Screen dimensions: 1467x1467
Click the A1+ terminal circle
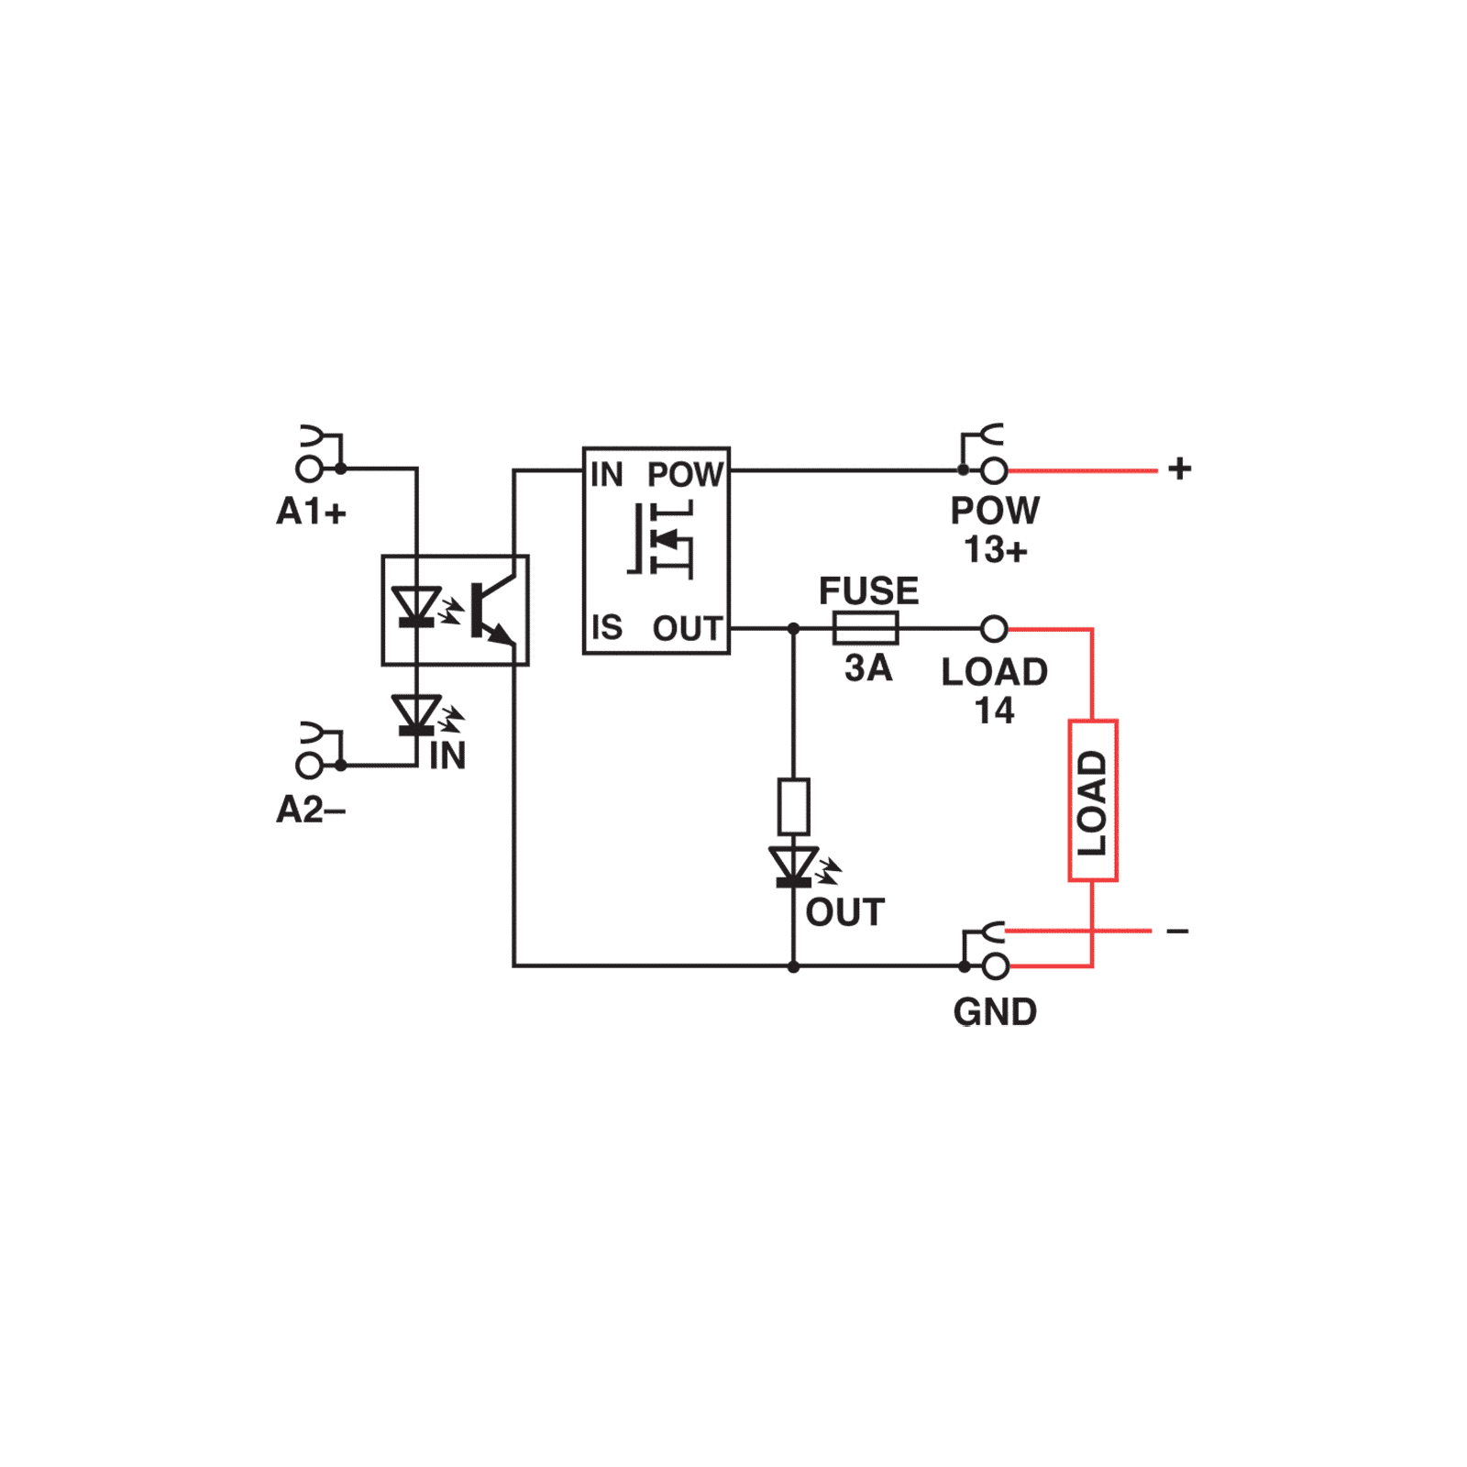(x=309, y=469)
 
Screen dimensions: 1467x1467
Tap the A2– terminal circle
(x=309, y=765)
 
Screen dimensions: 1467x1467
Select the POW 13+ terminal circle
(x=994, y=470)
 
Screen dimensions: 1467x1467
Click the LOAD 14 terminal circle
(x=994, y=629)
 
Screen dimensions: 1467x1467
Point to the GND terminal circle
(x=996, y=966)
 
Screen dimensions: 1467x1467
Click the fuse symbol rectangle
(x=865, y=629)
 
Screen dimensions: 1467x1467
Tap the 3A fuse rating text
(x=868, y=668)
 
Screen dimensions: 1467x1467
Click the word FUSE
(x=868, y=591)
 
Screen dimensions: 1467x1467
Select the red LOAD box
(x=1093, y=801)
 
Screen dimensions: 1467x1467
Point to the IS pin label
(x=607, y=628)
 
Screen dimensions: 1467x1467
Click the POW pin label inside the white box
(x=686, y=475)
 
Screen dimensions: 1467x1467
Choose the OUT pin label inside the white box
(x=688, y=629)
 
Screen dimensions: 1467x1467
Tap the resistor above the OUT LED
(x=794, y=806)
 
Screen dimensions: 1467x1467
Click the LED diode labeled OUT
(x=794, y=866)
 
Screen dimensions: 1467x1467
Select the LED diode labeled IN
(x=417, y=715)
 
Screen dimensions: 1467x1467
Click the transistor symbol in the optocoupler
(x=490, y=610)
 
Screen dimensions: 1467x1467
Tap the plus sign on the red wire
(x=1180, y=469)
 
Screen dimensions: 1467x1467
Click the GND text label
(x=996, y=1012)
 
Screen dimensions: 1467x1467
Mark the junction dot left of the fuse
(x=794, y=629)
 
